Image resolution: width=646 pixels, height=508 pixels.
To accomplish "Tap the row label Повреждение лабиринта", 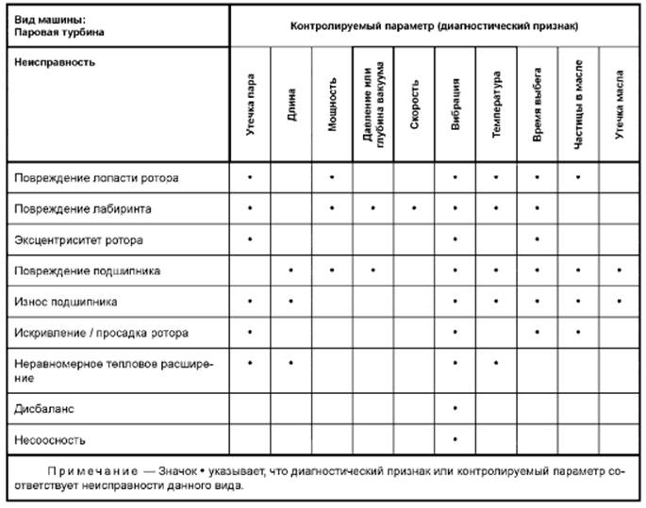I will pyautogui.click(x=83, y=208).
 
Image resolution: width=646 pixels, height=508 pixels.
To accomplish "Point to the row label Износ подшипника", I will pyautogui.click(x=66, y=302).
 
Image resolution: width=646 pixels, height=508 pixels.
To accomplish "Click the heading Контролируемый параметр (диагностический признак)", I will pyautogui.click(x=435, y=25).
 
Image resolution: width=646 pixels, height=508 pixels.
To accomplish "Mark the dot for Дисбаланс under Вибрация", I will pyautogui.click(x=456, y=408).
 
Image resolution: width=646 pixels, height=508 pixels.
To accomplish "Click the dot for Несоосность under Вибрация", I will pyautogui.click(x=456, y=439).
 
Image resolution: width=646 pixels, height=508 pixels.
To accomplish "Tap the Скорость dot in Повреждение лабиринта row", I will pyautogui.click(x=414, y=207).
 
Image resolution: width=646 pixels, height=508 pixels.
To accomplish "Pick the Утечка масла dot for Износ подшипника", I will pyautogui.click(x=619, y=302).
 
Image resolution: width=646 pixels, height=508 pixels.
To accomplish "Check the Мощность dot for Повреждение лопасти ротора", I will pyautogui.click(x=332, y=176).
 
